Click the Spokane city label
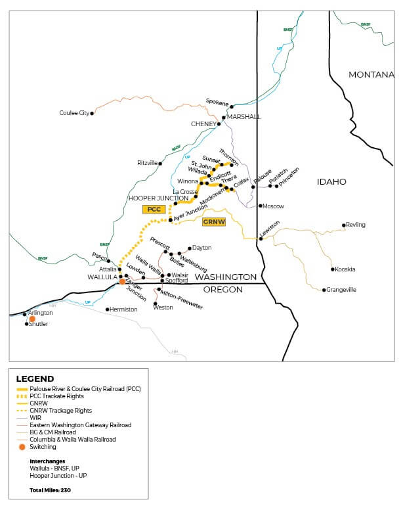coord(217,101)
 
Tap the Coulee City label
coord(74,113)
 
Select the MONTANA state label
coord(371,75)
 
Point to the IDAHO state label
coord(331,181)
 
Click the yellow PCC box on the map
coord(154,209)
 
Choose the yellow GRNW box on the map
coord(214,222)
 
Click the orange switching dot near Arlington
coord(32,319)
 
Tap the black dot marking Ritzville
coord(160,163)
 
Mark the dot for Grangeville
coord(324,290)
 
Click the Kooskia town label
coord(345,269)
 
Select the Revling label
coord(355,225)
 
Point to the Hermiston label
coord(123,310)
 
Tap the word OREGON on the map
coord(224,289)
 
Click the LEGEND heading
coord(35,379)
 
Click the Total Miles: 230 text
coord(51,491)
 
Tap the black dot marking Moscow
coord(260,206)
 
